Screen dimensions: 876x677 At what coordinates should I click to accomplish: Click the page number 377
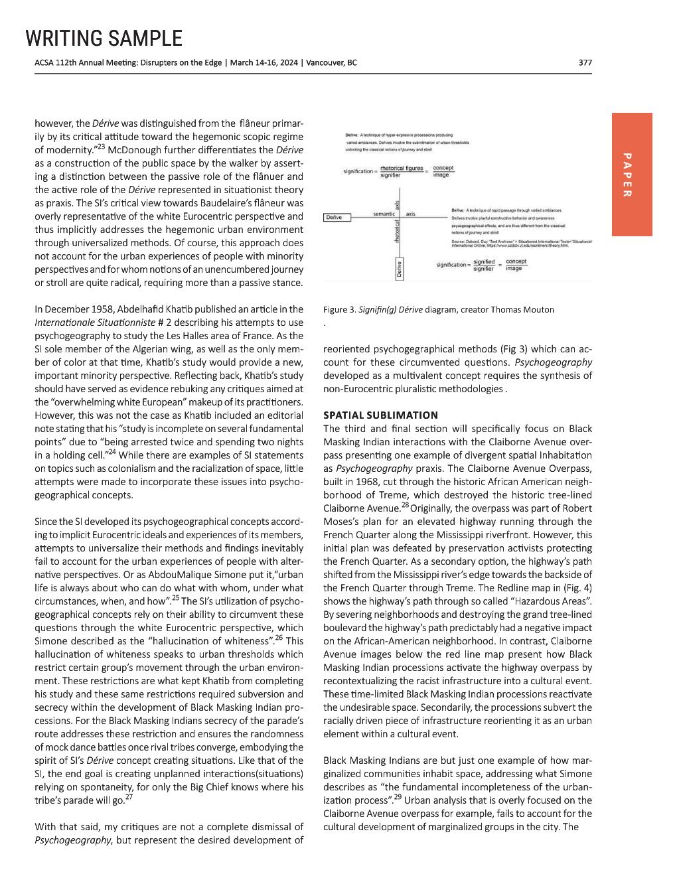click(x=585, y=63)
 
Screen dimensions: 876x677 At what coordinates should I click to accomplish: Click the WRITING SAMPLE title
click(x=104, y=38)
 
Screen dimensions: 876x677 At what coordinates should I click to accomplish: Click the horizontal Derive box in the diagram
click(x=335, y=217)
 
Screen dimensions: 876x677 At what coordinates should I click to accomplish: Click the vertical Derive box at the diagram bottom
click(x=399, y=269)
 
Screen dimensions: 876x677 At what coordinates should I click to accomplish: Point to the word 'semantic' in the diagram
click(x=384, y=214)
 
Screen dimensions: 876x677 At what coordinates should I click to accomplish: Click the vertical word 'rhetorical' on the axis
click(x=397, y=236)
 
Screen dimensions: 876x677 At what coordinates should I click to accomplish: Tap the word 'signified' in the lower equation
click(x=484, y=262)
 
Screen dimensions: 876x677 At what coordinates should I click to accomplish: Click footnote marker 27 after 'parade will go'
click(x=128, y=798)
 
